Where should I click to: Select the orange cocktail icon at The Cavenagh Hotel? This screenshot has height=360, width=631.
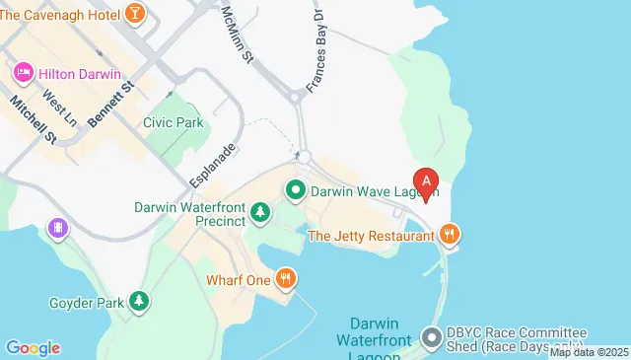click(x=136, y=13)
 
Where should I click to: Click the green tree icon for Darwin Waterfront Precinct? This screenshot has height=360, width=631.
click(x=260, y=211)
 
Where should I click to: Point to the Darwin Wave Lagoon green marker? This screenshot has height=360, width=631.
click(x=295, y=189)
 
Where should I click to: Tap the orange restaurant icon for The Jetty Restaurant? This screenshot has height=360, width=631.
click(x=450, y=235)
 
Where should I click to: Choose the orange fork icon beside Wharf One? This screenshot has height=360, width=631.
click(x=285, y=279)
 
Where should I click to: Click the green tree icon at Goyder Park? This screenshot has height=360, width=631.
click(x=140, y=300)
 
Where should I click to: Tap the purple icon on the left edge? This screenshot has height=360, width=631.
click(x=58, y=229)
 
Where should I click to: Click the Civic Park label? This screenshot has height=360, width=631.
click(x=173, y=123)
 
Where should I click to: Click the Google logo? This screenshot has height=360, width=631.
click(x=33, y=347)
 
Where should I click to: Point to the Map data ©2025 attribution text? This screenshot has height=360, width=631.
click(x=589, y=352)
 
